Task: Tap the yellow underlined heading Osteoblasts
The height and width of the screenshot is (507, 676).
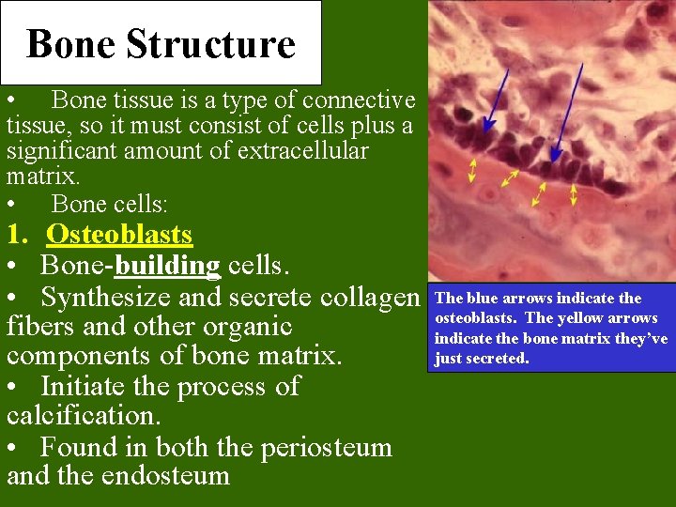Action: tap(119, 235)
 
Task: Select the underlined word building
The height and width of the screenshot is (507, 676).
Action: tap(167, 267)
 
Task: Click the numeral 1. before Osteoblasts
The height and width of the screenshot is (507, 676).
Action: tap(19, 235)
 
